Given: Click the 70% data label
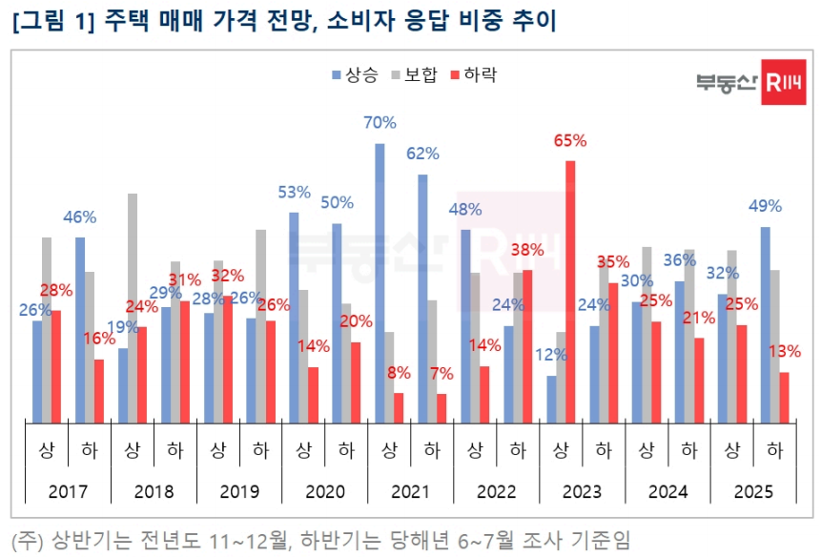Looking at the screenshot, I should coord(380,123).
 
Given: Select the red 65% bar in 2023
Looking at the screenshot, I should coord(570,291).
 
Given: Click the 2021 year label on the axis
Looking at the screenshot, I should coord(410,492).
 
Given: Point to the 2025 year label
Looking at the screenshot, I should coord(753,492).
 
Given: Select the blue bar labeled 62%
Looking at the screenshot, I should coord(422,298).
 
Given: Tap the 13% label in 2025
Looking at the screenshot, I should coord(784,351).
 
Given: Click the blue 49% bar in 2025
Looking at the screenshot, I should coord(765,324).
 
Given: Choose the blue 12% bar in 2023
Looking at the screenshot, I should coord(551,399).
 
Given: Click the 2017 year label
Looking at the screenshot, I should coord(67,492).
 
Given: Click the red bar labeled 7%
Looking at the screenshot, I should coord(441,407).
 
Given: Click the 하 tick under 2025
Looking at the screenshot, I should coord(774,448).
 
